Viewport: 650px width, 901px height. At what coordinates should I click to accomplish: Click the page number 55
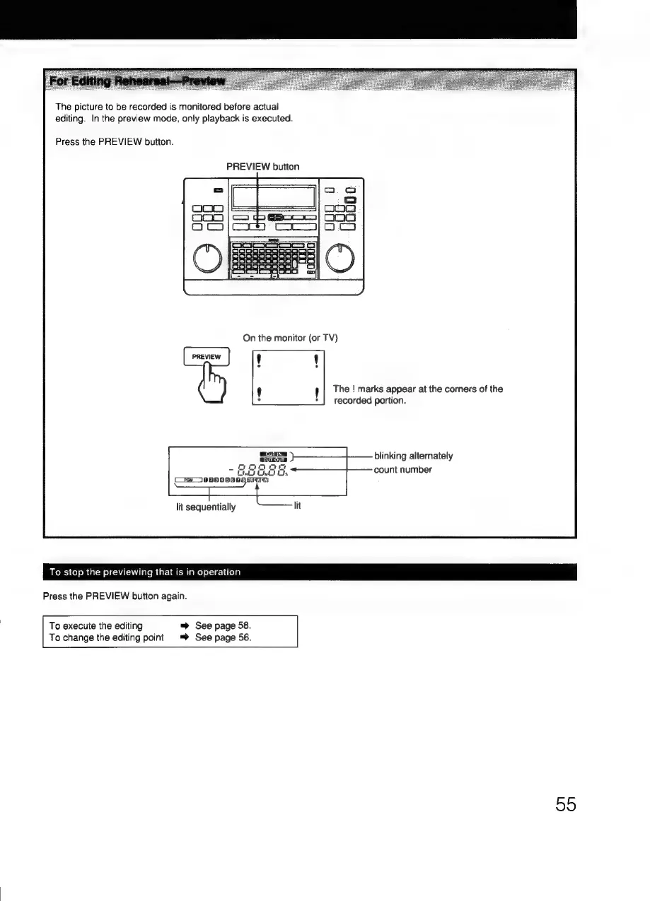(565, 803)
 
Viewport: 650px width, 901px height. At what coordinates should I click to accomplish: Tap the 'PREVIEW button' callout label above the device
(262, 167)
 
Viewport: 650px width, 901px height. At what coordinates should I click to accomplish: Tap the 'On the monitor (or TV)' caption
(290, 338)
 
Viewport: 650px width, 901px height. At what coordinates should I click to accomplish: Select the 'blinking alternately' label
(413, 456)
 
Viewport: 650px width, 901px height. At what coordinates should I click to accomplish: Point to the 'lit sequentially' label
(206, 507)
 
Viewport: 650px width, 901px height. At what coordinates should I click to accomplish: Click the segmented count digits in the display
(262, 469)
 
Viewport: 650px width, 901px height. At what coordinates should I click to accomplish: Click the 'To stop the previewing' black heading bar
(310, 572)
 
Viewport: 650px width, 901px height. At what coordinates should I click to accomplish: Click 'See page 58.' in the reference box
(223, 625)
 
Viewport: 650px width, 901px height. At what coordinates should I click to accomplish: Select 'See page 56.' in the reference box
(223, 637)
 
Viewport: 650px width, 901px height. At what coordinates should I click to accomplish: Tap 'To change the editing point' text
(106, 637)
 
